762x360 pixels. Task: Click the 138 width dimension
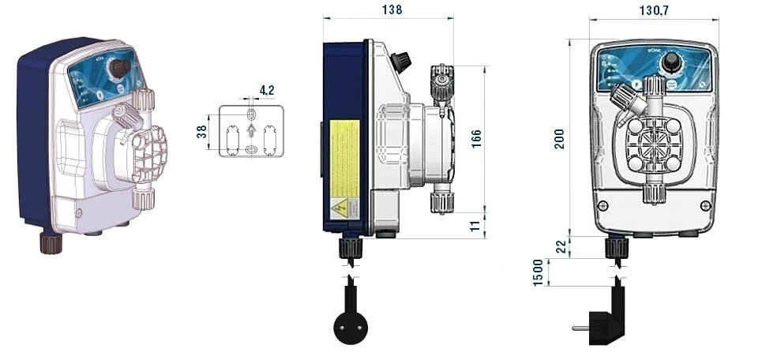tap(391, 10)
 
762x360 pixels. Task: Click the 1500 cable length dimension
tap(539, 272)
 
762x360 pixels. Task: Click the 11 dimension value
tap(475, 227)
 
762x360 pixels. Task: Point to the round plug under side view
tap(348, 324)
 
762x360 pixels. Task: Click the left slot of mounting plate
tap(232, 139)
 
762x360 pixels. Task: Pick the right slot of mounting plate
tap(270, 139)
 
